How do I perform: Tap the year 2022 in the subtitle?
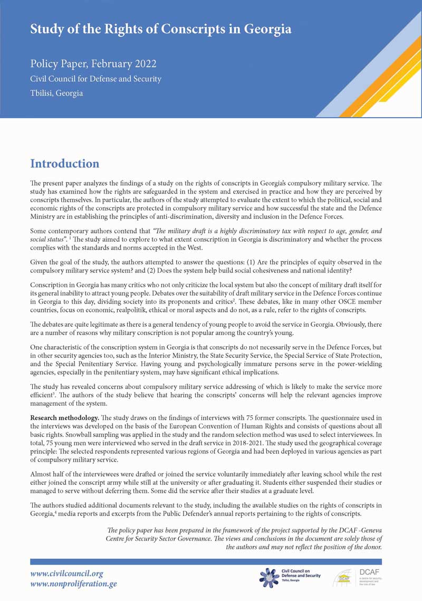coord(141,64)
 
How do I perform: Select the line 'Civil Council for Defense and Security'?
coord(95,79)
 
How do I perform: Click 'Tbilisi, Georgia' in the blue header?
coord(56,93)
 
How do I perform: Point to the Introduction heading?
coord(64,164)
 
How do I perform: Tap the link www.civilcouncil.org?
coord(66,574)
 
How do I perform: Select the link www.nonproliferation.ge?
coord(73,584)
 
